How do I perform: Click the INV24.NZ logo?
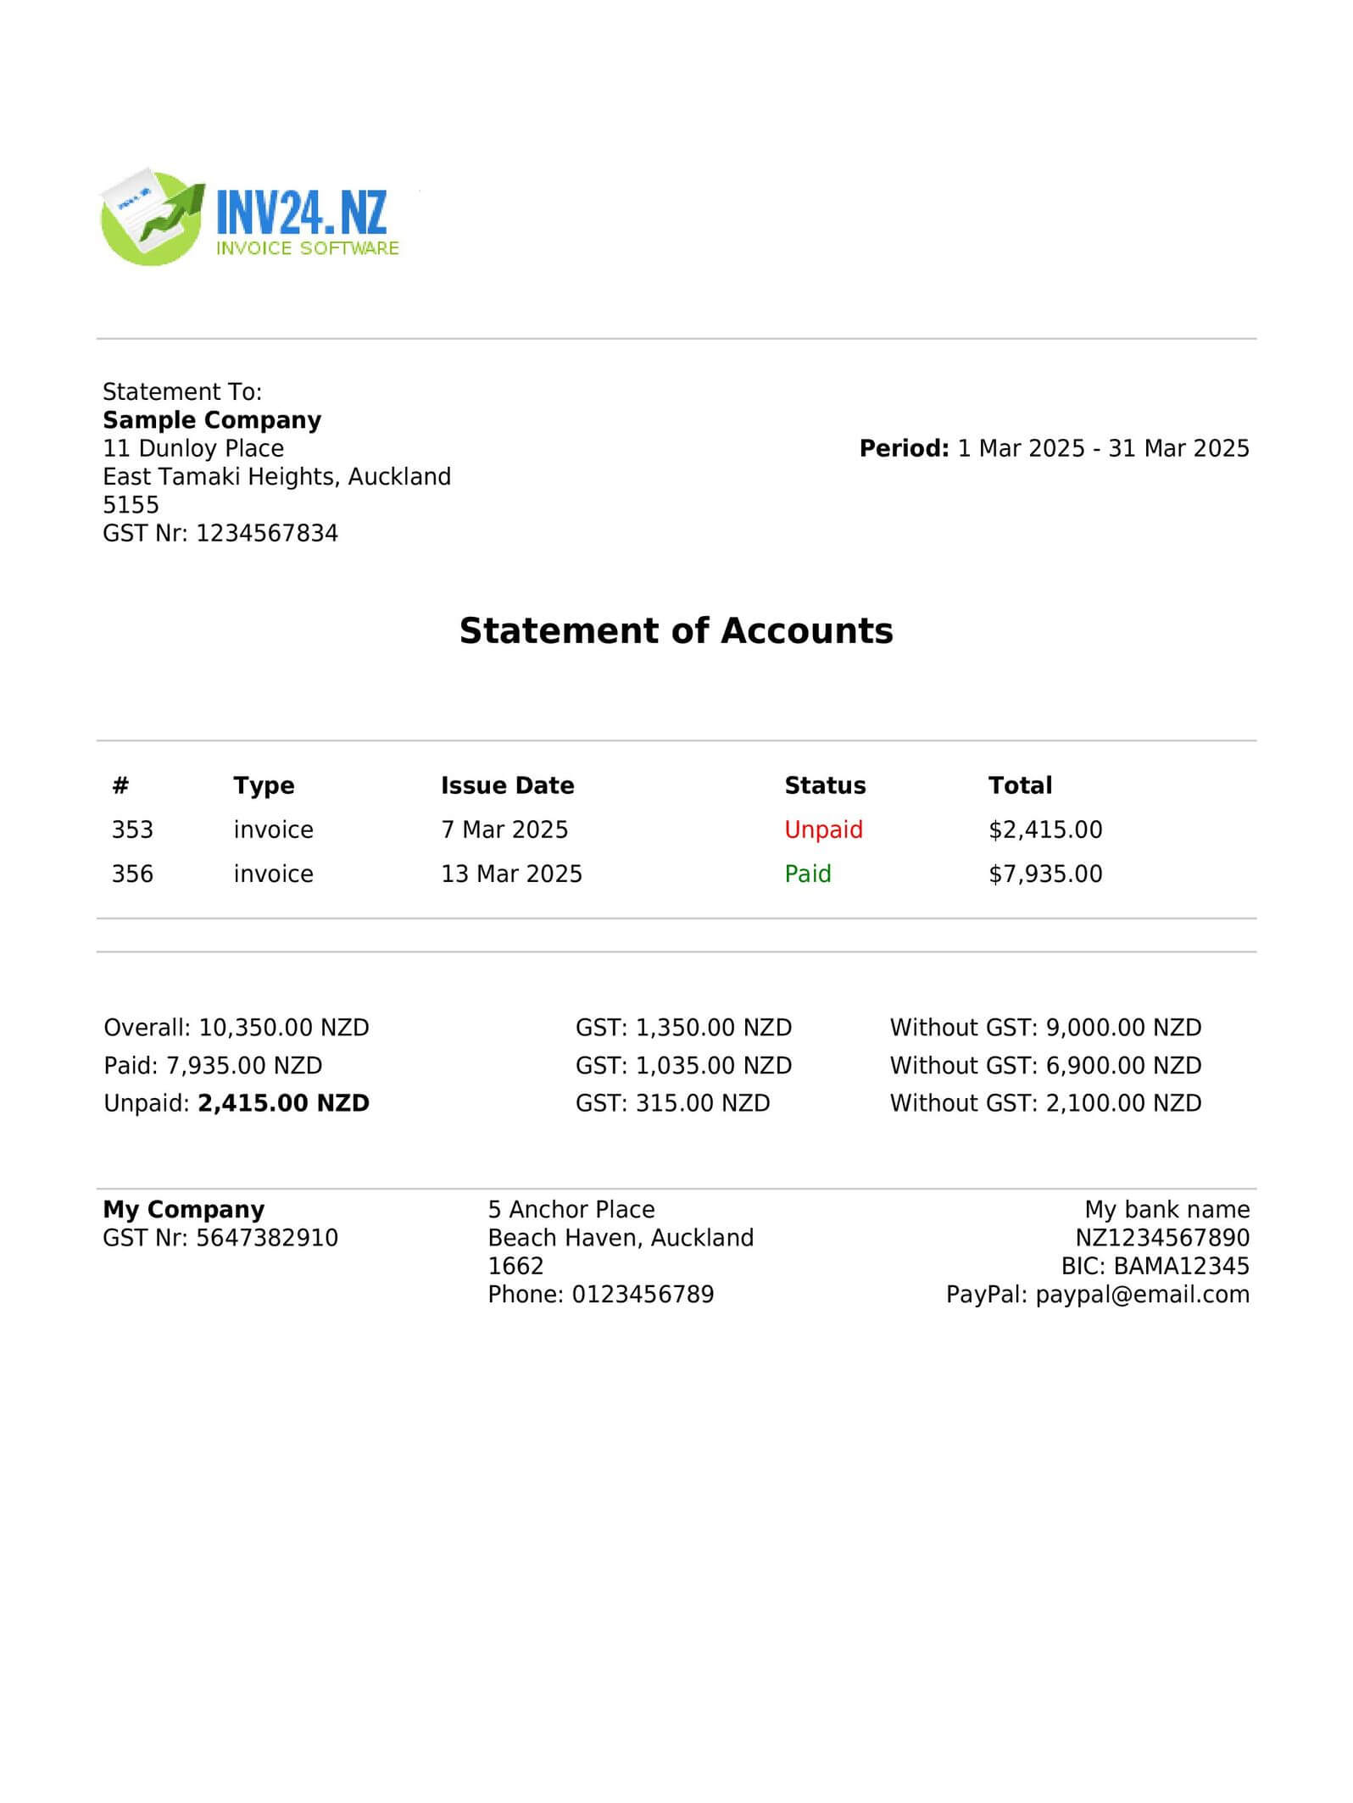[250, 217]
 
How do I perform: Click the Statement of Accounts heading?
[676, 631]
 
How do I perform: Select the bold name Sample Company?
[212, 420]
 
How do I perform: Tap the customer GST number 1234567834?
[267, 533]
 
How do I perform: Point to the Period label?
[904, 448]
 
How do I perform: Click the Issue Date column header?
[507, 785]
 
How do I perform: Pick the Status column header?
[825, 785]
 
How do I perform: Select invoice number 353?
[132, 829]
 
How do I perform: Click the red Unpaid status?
[823, 829]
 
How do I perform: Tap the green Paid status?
[808, 874]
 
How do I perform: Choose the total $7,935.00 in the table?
[1045, 874]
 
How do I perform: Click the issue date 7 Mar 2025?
[504, 829]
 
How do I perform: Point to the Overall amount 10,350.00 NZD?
[284, 1028]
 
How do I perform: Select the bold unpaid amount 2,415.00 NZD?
[284, 1103]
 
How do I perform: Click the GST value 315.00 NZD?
[703, 1103]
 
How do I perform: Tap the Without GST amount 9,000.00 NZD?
[1123, 1028]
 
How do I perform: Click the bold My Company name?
[184, 1209]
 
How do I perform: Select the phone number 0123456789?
[643, 1295]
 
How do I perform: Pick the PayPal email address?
[1142, 1295]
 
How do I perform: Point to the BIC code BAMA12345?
[1181, 1266]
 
